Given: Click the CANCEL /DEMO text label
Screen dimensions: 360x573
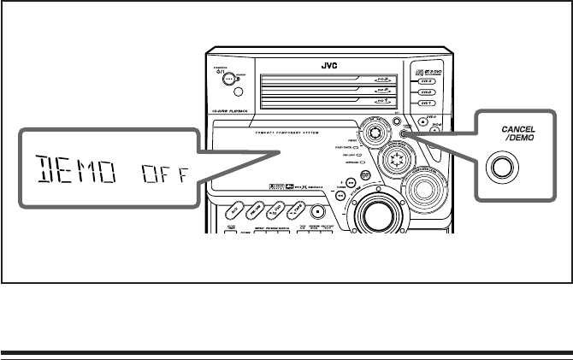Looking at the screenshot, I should [x=519, y=133].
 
